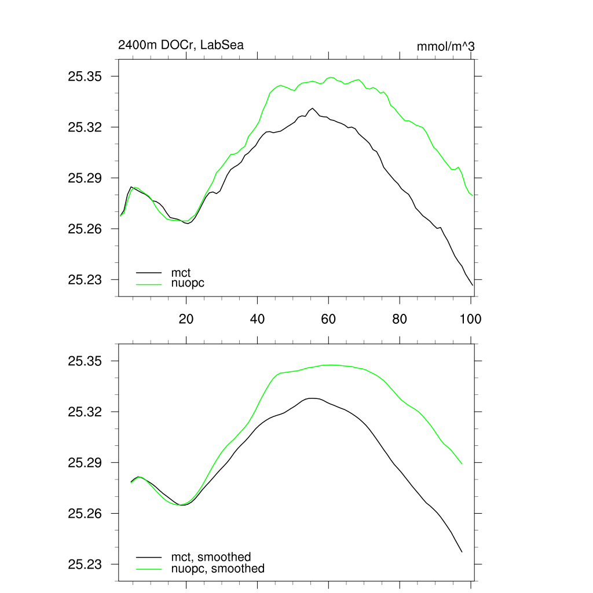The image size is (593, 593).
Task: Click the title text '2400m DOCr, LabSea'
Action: tap(177, 45)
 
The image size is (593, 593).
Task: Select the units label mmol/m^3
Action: tap(446, 46)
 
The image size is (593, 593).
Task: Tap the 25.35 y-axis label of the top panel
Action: tap(85, 76)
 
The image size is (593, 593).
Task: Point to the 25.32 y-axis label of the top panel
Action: tap(85, 127)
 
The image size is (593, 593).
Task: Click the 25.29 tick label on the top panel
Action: tap(85, 178)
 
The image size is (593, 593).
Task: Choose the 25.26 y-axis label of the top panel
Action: tap(85, 229)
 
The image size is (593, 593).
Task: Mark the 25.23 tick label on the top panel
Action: tap(85, 280)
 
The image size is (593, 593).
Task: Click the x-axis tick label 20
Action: tap(186, 319)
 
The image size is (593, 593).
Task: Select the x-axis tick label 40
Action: tap(257, 319)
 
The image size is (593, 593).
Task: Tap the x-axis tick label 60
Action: tap(328, 319)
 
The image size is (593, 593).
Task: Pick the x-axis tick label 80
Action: tap(400, 319)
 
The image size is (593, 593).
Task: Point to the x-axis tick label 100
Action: tap(470, 319)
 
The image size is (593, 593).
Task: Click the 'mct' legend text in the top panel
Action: tap(181, 272)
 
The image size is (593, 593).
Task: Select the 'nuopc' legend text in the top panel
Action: tap(188, 283)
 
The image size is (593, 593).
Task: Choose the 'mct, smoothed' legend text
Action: tap(211, 557)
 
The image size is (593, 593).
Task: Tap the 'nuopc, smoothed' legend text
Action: tap(218, 569)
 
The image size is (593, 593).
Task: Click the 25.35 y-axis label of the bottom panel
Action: tap(85, 361)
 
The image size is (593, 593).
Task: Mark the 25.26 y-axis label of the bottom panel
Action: tap(85, 514)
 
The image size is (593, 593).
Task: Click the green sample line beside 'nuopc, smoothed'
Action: tap(149, 569)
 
